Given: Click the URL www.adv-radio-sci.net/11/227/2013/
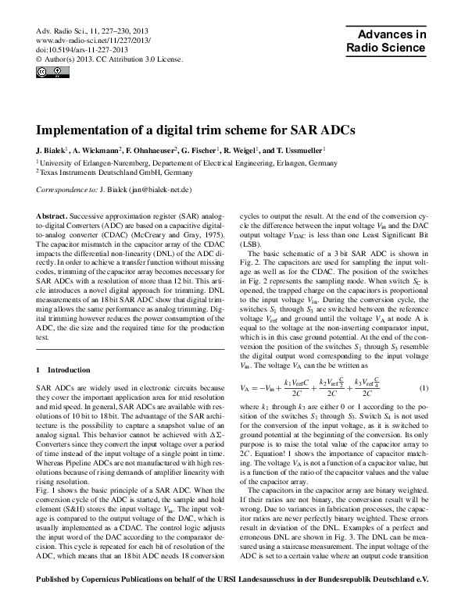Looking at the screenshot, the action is [x=92, y=39].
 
